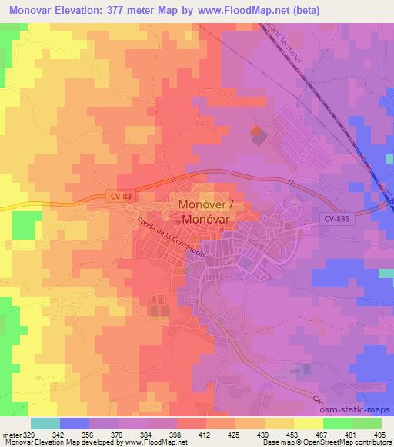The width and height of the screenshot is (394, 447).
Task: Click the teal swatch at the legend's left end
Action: [45, 422]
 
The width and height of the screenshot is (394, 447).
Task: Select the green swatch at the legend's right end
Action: [366, 422]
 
